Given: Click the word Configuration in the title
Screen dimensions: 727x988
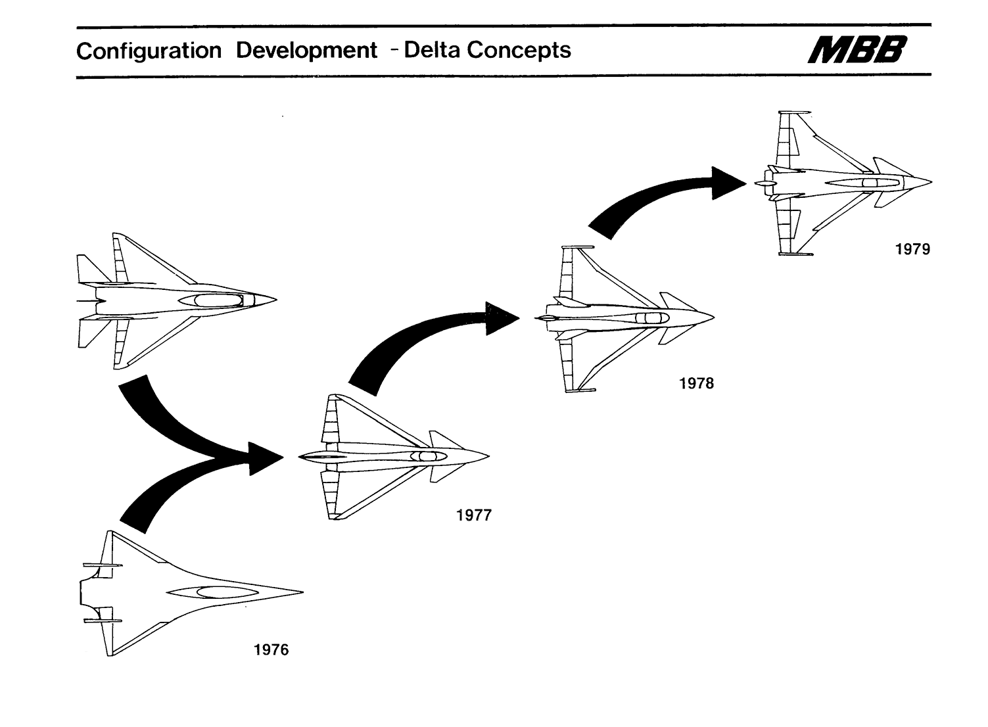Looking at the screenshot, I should click(149, 51).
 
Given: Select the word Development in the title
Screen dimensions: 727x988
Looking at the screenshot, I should click(306, 51).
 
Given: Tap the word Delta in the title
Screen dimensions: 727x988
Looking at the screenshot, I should click(432, 50).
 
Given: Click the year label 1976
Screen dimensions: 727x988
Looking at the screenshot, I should click(271, 650).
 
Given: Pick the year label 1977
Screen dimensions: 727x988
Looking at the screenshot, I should click(473, 515).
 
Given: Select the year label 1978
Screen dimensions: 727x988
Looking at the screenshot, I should click(696, 383).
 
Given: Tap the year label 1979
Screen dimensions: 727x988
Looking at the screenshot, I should click(912, 249).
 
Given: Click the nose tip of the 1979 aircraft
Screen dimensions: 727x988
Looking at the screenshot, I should click(931, 181).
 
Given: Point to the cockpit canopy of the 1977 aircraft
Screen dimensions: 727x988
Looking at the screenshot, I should click(424, 456).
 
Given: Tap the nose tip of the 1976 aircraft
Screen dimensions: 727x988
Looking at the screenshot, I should click(302, 592).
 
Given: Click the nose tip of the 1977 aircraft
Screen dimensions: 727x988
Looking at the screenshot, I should click(488, 456).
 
